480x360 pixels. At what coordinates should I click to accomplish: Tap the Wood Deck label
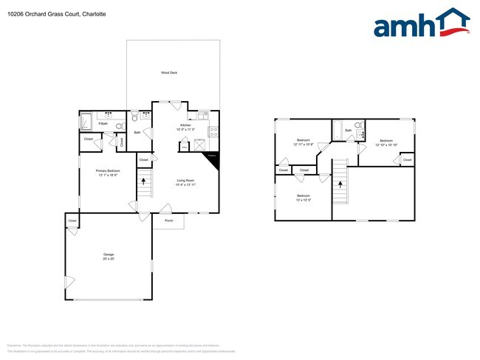(x=170, y=72)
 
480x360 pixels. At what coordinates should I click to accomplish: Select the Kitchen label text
(x=185, y=125)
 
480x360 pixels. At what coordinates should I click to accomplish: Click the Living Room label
(x=185, y=180)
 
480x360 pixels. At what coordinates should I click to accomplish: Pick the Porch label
(x=168, y=221)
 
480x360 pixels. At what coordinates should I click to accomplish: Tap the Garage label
(x=109, y=255)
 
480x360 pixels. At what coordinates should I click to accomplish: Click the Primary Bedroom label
(x=108, y=170)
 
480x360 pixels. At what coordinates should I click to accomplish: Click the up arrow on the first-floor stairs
(x=145, y=182)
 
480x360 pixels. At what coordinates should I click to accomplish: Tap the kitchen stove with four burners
(x=213, y=132)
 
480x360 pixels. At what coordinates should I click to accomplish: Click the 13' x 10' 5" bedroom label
(x=303, y=197)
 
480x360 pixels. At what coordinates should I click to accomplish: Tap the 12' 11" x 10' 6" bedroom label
(x=304, y=142)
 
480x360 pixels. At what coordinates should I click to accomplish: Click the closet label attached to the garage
(x=72, y=221)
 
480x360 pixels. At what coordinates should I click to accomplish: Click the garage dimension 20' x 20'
(x=109, y=260)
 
